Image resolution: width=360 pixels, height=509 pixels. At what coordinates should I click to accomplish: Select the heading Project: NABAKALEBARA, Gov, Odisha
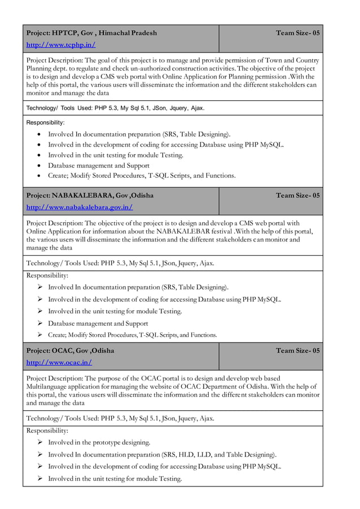(x=90, y=195)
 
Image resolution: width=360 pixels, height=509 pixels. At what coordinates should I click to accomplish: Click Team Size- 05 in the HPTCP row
(x=298, y=33)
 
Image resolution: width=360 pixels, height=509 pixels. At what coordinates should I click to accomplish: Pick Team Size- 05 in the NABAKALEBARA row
(x=298, y=195)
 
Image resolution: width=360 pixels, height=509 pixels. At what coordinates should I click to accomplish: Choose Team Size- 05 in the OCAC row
(x=298, y=350)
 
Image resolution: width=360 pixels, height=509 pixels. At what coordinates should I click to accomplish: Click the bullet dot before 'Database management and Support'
(x=37, y=166)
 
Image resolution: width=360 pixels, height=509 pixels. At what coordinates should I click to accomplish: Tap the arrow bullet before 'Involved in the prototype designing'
(x=40, y=442)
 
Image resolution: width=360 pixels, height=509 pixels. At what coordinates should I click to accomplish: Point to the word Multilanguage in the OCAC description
(x=50, y=387)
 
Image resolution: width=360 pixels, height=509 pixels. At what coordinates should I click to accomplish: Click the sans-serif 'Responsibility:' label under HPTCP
(x=46, y=122)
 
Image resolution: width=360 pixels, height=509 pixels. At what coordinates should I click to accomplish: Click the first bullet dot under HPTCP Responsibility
(x=37, y=134)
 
